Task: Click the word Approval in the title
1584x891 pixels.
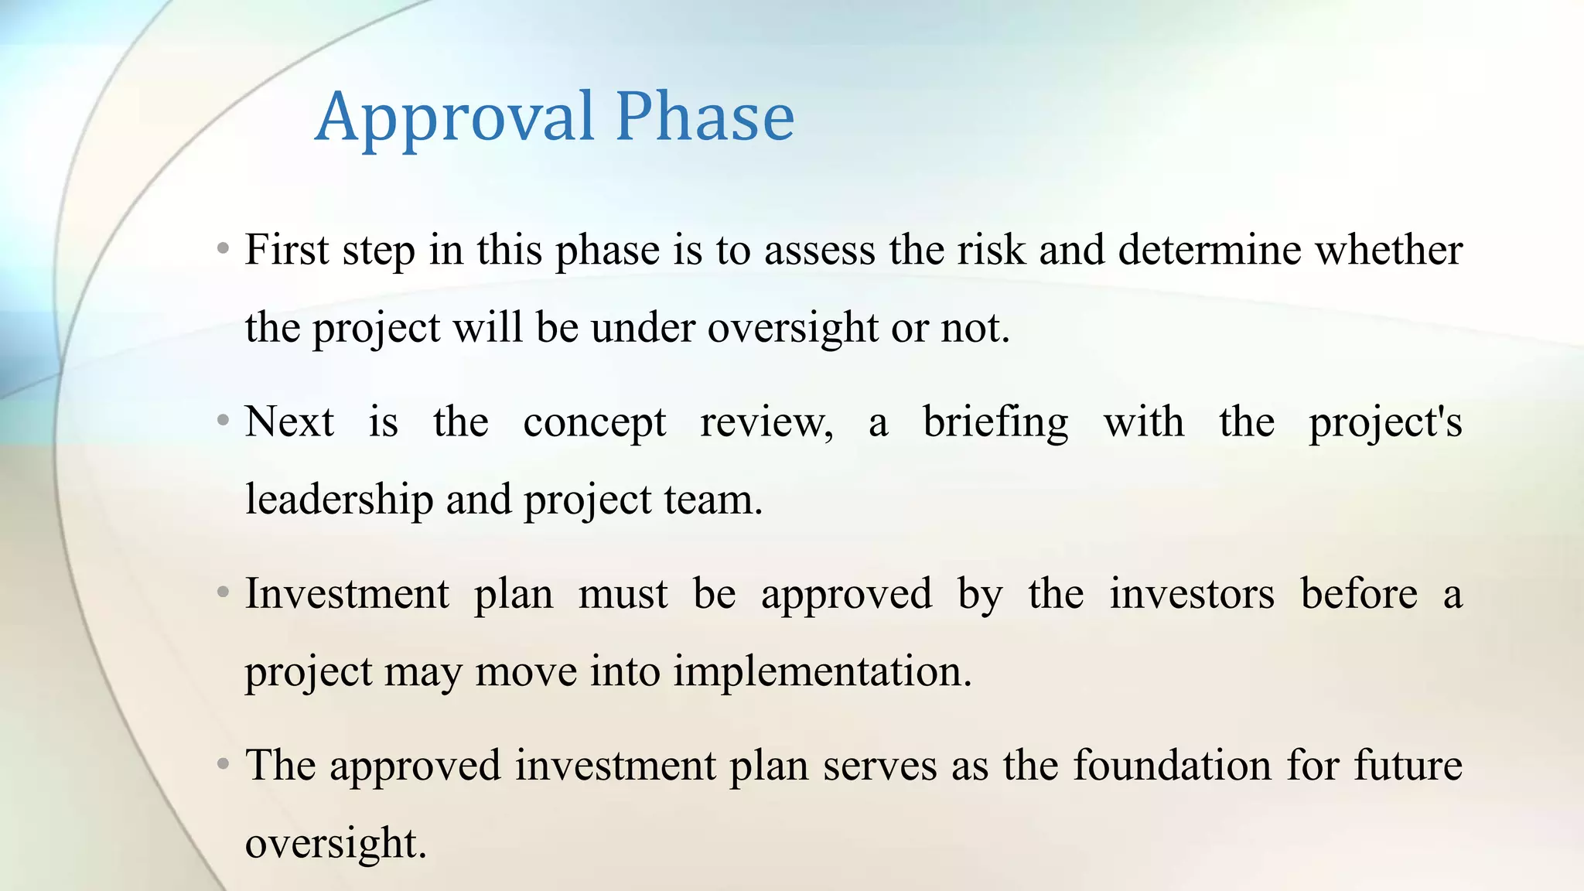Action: coord(454,118)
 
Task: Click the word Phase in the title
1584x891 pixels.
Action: coord(705,118)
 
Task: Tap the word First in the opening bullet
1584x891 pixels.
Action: coord(287,251)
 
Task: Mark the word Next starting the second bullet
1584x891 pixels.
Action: coord(289,422)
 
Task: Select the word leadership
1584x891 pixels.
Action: coord(339,500)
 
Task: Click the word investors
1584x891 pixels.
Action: coord(1192,594)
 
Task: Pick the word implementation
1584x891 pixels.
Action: coord(822,671)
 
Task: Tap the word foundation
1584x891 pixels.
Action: coord(1173,766)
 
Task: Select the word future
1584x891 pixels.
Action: coord(1408,766)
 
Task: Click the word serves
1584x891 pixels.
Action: coord(879,766)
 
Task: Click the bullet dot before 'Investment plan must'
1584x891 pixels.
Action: coord(224,593)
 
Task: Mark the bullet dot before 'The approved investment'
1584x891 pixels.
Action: coord(224,765)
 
